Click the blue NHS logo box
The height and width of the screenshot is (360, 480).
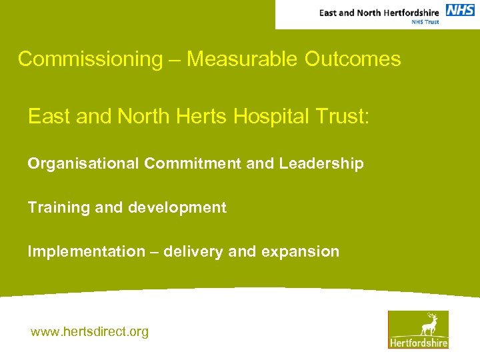click(460, 10)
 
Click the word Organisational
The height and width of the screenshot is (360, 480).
click(83, 164)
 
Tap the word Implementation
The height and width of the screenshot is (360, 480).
click(86, 252)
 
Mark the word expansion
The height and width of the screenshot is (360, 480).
click(307, 252)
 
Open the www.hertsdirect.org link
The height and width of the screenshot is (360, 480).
click(89, 331)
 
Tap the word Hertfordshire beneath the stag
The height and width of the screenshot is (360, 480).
click(419, 343)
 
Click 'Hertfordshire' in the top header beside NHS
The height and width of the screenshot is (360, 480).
click(407, 12)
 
